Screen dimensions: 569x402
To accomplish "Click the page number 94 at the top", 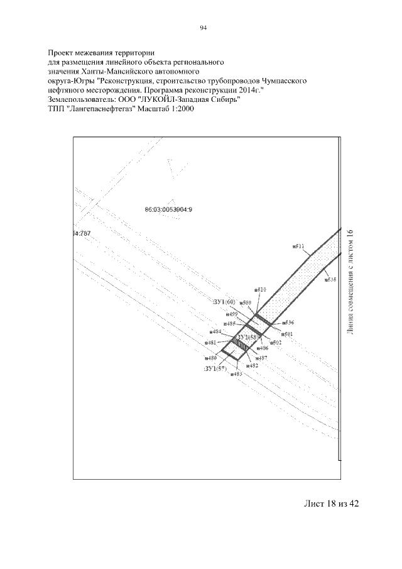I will [203, 28].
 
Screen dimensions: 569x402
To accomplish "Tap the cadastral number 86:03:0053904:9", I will [168, 209].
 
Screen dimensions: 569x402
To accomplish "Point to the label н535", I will [330, 279].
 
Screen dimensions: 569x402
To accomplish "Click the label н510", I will [261, 290].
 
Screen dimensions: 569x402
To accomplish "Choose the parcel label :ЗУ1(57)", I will [215, 368].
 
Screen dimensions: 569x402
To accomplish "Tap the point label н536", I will [288, 323].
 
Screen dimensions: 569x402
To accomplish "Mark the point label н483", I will [236, 373].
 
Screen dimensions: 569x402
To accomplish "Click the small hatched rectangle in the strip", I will [239, 343].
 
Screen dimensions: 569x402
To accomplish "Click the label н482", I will [252, 365].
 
